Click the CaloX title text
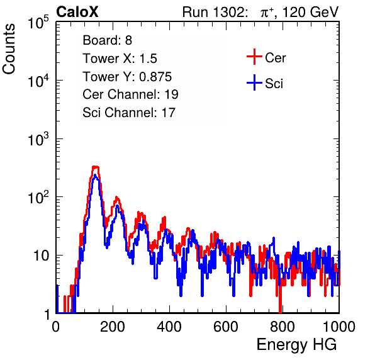[x=77, y=12]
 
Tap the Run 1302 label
[x=215, y=12]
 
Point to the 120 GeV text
[x=310, y=12]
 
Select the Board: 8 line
[x=108, y=40]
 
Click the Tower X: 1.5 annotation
[x=120, y=59]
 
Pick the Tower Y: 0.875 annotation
[x=127, y=77]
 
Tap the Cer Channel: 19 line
[x=131, y=94]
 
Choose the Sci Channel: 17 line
[x=129, y=113]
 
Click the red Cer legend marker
[x=254, y=57]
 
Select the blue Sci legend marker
[x=254, y=82]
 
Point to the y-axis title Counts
[x=9, y=49]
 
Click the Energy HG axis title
[x=296, y=345]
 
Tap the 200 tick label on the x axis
[x=113, y=327]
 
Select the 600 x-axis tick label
[x=226, y=327]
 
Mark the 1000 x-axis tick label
[x=339, y=327]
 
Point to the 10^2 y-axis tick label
[x=38, y=197]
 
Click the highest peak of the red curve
[x=96, y=167]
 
